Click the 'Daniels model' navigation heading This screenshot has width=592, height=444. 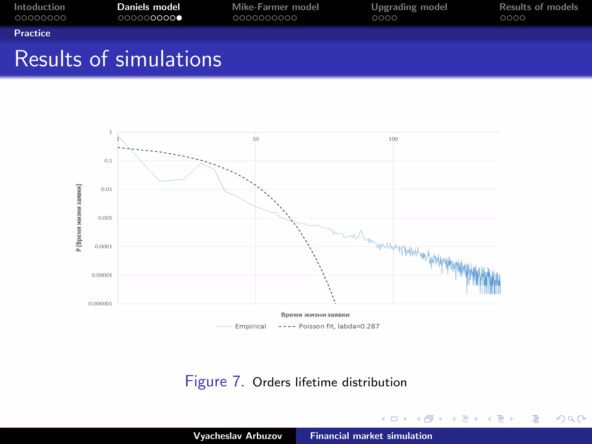(x=148, y=7)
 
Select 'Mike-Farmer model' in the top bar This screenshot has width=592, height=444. (x=275, y=7)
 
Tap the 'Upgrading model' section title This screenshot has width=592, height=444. (x=409, y=7)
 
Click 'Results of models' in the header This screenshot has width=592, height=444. (x=539, y=7)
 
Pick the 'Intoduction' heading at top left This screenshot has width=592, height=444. (x=40, y=7)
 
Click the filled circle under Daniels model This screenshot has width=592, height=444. (x=179, y=18)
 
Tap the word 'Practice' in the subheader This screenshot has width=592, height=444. (x=32, y=33)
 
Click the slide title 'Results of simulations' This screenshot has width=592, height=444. (x=118, y=59)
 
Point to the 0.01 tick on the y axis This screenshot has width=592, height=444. (x=106, y=189)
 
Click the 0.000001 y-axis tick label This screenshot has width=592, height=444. (x=100, y=304)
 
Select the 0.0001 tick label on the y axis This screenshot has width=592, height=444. (x=103, y=247)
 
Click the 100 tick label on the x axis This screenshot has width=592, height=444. (x=393, y=139)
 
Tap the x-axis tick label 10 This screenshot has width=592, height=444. (x=256, y=139)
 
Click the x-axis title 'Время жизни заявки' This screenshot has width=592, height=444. (x=315, y=315)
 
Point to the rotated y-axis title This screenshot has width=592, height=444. (x=79, y=217)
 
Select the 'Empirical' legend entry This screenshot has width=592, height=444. (x=250, y=326)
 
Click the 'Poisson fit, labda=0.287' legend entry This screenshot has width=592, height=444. (x=339, y=326)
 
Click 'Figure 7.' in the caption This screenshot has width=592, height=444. (x=214, y=381)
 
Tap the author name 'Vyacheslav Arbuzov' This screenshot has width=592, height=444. (x=237, y=436)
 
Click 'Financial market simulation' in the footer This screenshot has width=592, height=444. (x=371, y=436)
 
